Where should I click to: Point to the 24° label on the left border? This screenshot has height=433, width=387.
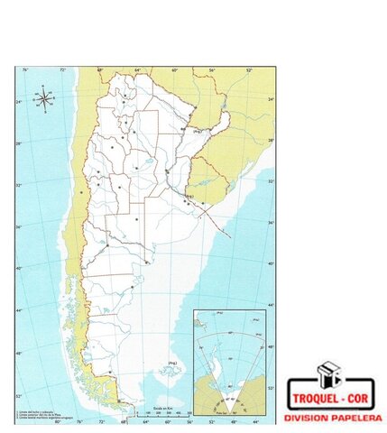pos(20,102)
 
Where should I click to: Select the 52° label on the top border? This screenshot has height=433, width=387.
pos(248,69)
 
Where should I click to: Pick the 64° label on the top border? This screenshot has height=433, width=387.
pos(137,69)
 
